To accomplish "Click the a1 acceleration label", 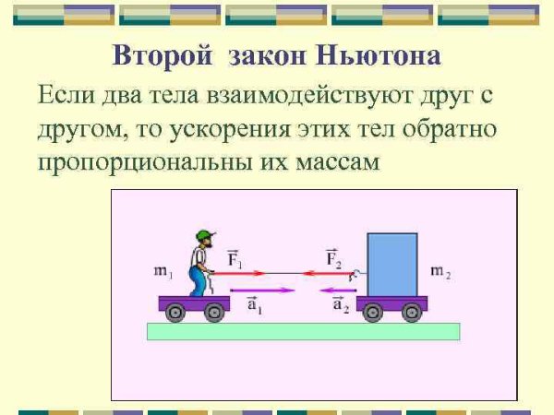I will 254,304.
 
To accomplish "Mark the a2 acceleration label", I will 339,304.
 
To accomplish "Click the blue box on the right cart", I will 392,264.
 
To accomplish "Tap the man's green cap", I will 203,233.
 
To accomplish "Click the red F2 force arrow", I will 328,273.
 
